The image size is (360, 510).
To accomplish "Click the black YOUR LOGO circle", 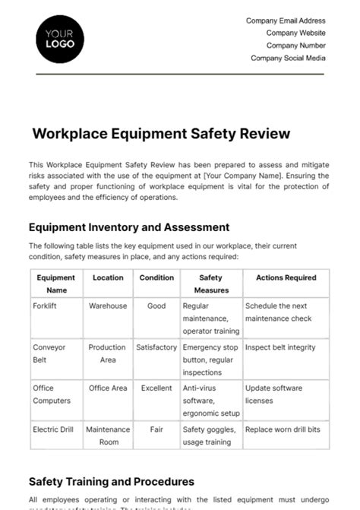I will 60,38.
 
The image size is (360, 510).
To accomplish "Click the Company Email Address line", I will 286,21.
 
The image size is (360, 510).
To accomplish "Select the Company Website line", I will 295,33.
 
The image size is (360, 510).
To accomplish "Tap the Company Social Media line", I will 288,58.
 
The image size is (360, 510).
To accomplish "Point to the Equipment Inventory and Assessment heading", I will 129,227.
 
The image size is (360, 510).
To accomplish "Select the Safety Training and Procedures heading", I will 112,481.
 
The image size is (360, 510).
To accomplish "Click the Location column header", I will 108,278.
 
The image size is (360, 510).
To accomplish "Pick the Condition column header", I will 156,278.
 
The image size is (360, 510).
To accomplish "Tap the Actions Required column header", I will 286,278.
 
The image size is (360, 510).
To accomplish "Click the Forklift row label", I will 46,306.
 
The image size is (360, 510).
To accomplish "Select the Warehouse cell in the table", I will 108,306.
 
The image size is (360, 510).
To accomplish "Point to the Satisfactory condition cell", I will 156,347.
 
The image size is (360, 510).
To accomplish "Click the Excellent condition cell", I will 156,388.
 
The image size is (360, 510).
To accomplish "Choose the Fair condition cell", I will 156,429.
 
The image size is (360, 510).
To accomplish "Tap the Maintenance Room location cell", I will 108,436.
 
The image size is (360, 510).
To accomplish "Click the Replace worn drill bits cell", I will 283,429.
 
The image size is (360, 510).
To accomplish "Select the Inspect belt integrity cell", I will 279,347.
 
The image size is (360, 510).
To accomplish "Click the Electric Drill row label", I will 53,429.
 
